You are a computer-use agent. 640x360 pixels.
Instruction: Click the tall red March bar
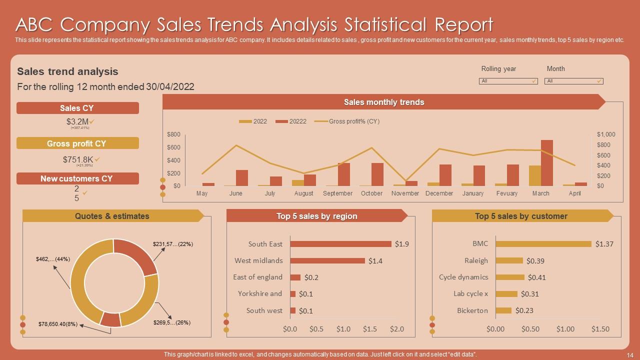pyautogui.click(x=547, y=163)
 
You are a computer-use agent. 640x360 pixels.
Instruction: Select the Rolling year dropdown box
pyautogui.click(x=508, y=81)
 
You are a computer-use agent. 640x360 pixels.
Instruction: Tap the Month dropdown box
pyautogui.click(x=573, y=81)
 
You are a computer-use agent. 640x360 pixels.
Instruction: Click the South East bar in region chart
pyautogui.click(x=340, y=244)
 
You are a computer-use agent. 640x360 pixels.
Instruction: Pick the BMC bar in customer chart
pyautogui.click(x=543, y=244)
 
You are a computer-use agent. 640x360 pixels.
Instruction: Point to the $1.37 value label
pyautogui.click(x=604, y=244)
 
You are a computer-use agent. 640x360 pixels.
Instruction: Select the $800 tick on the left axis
pyautogui.click(x=173, y=134)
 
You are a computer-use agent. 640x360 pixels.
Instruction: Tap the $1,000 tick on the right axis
pyautogui.click(x=606, y=134)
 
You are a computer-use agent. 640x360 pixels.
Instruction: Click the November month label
pyautogui.click(x=405, y=193)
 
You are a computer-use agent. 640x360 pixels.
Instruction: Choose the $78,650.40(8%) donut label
pyautogui.click(x=57, y=324)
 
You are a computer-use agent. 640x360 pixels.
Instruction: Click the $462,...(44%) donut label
pyautogui.click(x=53, y=259)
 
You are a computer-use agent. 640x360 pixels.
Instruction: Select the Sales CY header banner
pyautogui.click(x=77, y=108)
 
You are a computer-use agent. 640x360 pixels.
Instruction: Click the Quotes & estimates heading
pyautogui.click(x=112, y=216)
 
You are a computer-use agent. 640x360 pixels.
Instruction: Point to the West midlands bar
pyautogui.click(x=327, y=260)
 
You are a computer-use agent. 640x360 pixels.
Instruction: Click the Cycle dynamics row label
pyautogui.click(x=463, y=277)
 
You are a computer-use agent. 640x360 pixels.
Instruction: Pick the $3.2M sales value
pyautogui.click(x=77, y=121)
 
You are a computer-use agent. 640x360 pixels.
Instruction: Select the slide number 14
pyautogui.click(x=629, y=354)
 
